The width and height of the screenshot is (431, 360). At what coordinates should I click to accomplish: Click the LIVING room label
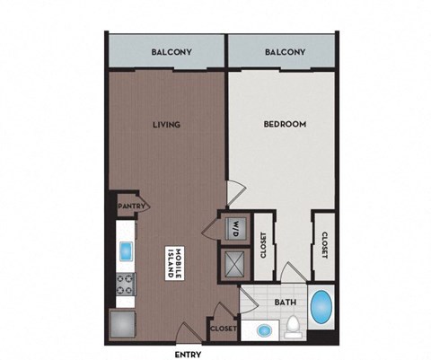pyautogui.click(x=166, y=125)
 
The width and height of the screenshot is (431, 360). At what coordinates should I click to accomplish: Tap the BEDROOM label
pyautogui.click(x=286, y=125)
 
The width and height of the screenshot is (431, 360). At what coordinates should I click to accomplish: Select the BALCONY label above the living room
pyautogui.click(x=167, y=53)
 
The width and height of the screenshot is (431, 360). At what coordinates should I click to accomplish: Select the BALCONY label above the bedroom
pyautogui.click(x=286, y=53)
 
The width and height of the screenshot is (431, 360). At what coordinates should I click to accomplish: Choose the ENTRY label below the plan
pyautogui.click(x=187, y=352)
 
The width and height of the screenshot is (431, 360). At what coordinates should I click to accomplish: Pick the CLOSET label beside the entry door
pyautogui.click(x=223, y=329)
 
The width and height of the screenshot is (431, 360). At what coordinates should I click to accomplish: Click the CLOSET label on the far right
pyautogui.click(x=324, y=244)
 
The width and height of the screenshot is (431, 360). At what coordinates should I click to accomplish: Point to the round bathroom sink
pyautogui.click(x=263, y=330)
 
